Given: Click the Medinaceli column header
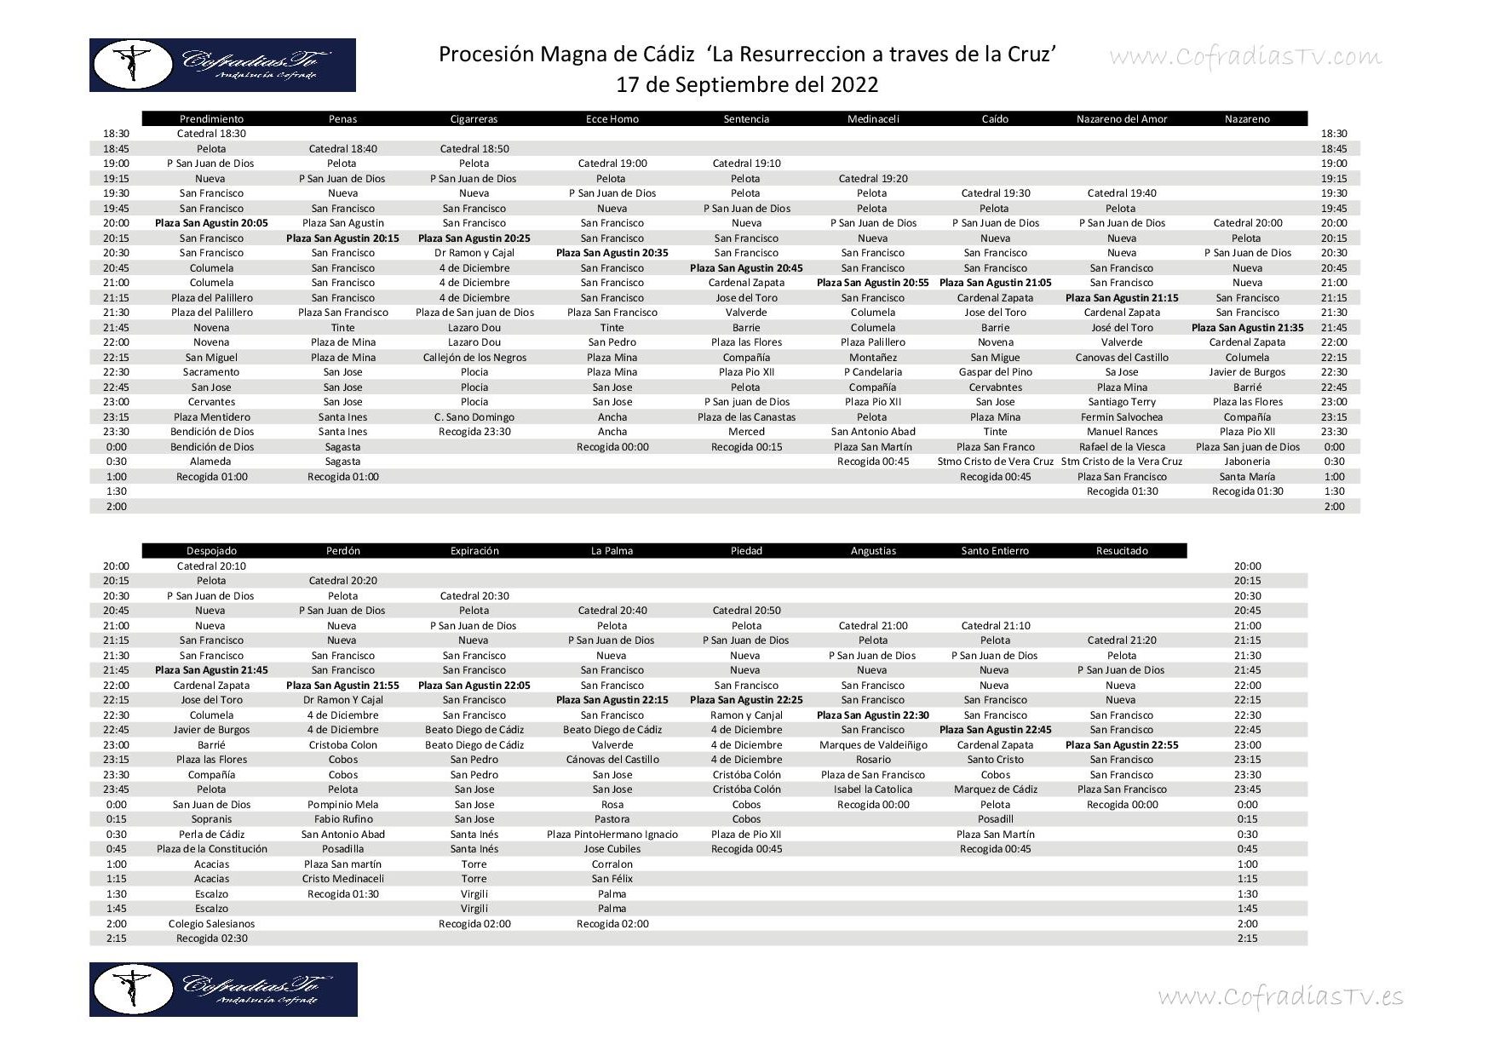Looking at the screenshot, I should [x=873, y=119].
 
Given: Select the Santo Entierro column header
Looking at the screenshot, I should [x=995, y=551].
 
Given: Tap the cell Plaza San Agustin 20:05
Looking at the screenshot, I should [x=211, y=223].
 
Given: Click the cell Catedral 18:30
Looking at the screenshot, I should [x=211, y=134].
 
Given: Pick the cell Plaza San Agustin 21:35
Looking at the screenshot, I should [x=1247, y=328].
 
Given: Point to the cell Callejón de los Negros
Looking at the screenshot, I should [x=474, y=358].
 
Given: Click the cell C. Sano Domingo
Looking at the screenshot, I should [x=474, y=417].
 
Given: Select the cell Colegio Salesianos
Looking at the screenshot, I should [x=211, y=924].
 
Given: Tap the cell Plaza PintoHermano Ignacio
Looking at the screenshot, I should [x=612, y=835].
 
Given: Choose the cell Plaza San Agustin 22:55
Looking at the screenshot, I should [x=1122, y=745].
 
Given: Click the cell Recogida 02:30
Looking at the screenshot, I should [x=211, y=938].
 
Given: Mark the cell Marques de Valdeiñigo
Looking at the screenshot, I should [x=873, y=745].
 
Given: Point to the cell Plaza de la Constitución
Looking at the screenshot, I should [x=211, y=849].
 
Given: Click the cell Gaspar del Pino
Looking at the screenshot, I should [x=995, y=372].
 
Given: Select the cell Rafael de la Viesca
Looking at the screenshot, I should [x=1122, y=447].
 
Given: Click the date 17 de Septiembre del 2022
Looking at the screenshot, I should [x=747, y=85].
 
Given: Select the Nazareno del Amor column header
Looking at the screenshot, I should [x=1122, y=119].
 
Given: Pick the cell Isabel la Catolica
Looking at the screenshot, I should [x=873, y=789].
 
